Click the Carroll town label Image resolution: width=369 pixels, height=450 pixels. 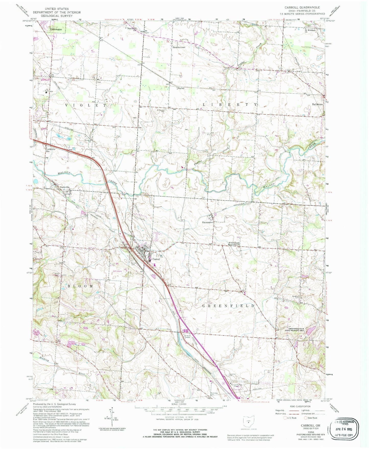click(156, 259)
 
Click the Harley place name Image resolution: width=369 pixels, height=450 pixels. click(181, 88)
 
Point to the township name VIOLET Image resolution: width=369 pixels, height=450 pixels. click(86, 105)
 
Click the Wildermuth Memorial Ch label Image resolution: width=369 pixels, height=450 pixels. click(234, 243)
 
